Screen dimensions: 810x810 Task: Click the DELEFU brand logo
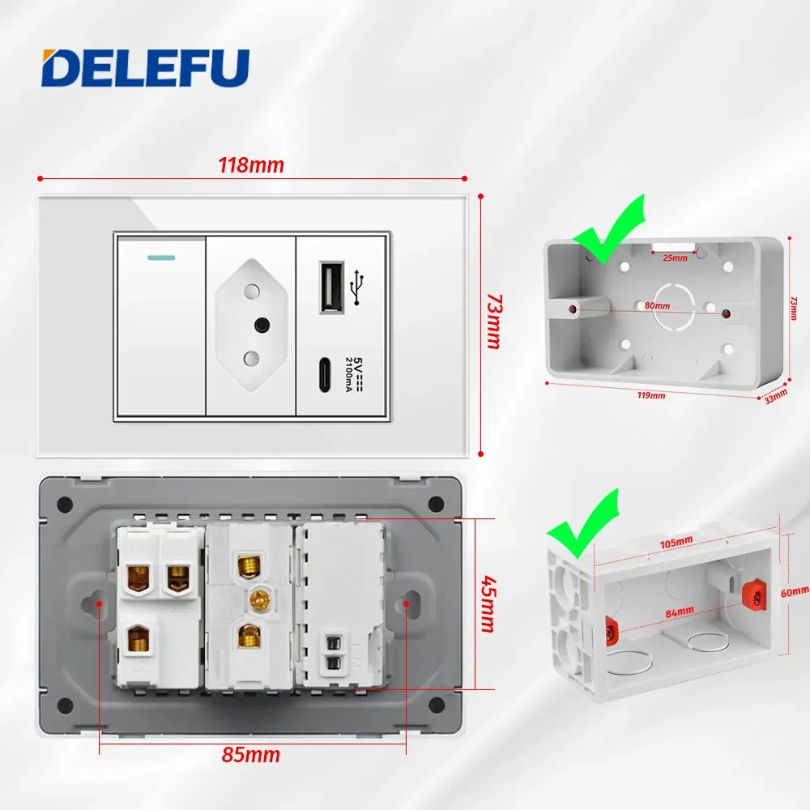point(146,69)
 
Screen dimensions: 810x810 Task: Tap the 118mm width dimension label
point(251,165)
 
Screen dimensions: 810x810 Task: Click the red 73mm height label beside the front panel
point(492,322)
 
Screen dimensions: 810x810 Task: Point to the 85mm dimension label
point(251,755)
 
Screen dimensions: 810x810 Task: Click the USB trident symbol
point(356,287)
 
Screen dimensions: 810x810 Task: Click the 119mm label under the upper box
point(651,395)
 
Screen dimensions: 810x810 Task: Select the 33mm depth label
point(774,397)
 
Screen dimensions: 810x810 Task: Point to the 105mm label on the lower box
point(675,541)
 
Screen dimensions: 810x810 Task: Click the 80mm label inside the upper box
point(658,305)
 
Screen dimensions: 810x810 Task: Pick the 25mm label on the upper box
point(675,258)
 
